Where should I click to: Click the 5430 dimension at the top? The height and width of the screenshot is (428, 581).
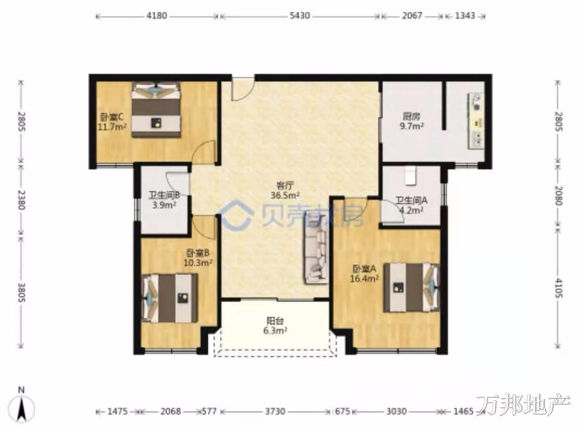[299, 16]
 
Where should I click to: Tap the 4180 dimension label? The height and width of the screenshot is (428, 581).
[157, 16]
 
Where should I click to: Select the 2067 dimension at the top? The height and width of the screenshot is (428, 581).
[412, 16]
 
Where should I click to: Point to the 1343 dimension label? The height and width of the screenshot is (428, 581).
[464, 16]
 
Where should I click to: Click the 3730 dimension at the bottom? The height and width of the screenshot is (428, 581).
[275, 411]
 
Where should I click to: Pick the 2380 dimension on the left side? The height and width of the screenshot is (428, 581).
[21, 200]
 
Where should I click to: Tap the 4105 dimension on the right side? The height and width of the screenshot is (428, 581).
[559, 288]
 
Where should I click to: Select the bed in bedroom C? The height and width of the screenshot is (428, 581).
[156, 110]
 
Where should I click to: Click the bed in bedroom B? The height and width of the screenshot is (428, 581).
[170, 299]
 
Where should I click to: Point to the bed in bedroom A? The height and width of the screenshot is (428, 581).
[411, 288]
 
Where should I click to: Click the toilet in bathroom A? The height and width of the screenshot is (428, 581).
[411, 175]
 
